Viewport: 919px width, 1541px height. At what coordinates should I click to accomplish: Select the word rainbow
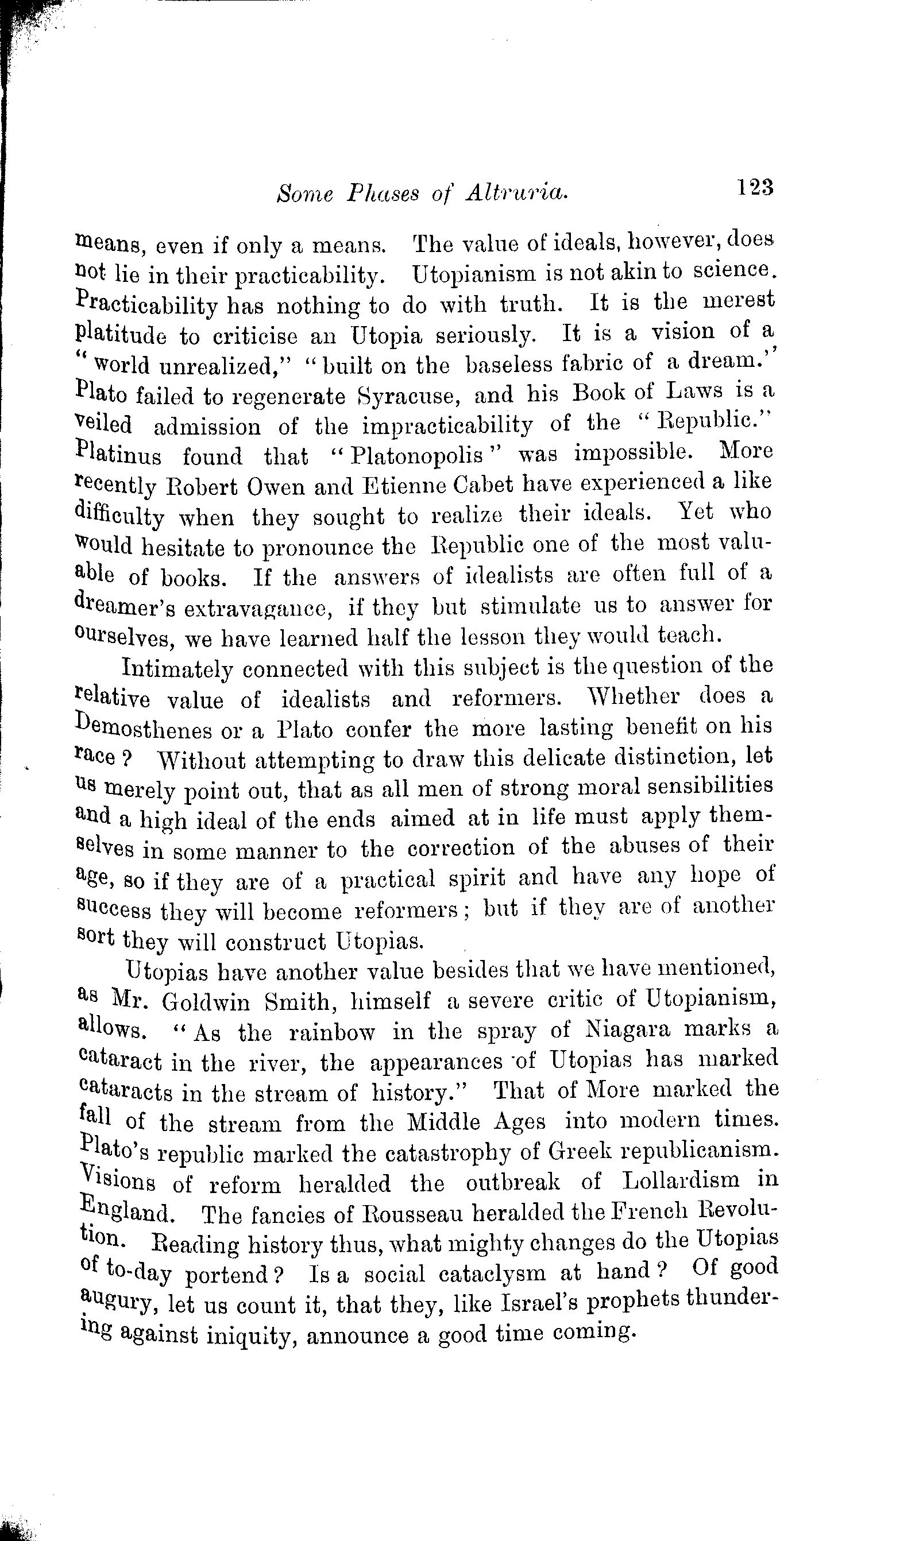click(x=333, y=1032)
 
